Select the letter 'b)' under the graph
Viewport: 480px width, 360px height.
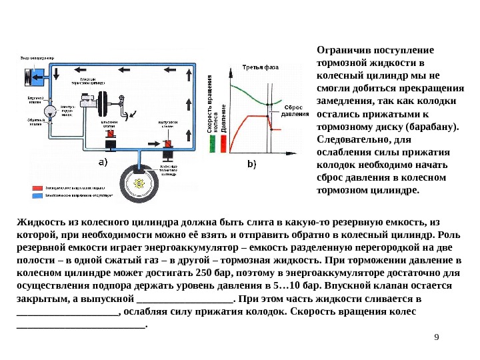(x=252, y=163)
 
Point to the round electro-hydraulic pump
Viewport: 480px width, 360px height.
(x=49, y=109)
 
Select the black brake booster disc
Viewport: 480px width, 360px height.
(x=105, y=103)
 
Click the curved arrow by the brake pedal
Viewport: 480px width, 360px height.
(x=133, y=113)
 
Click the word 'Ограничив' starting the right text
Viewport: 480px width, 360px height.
(x=339, y=51)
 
